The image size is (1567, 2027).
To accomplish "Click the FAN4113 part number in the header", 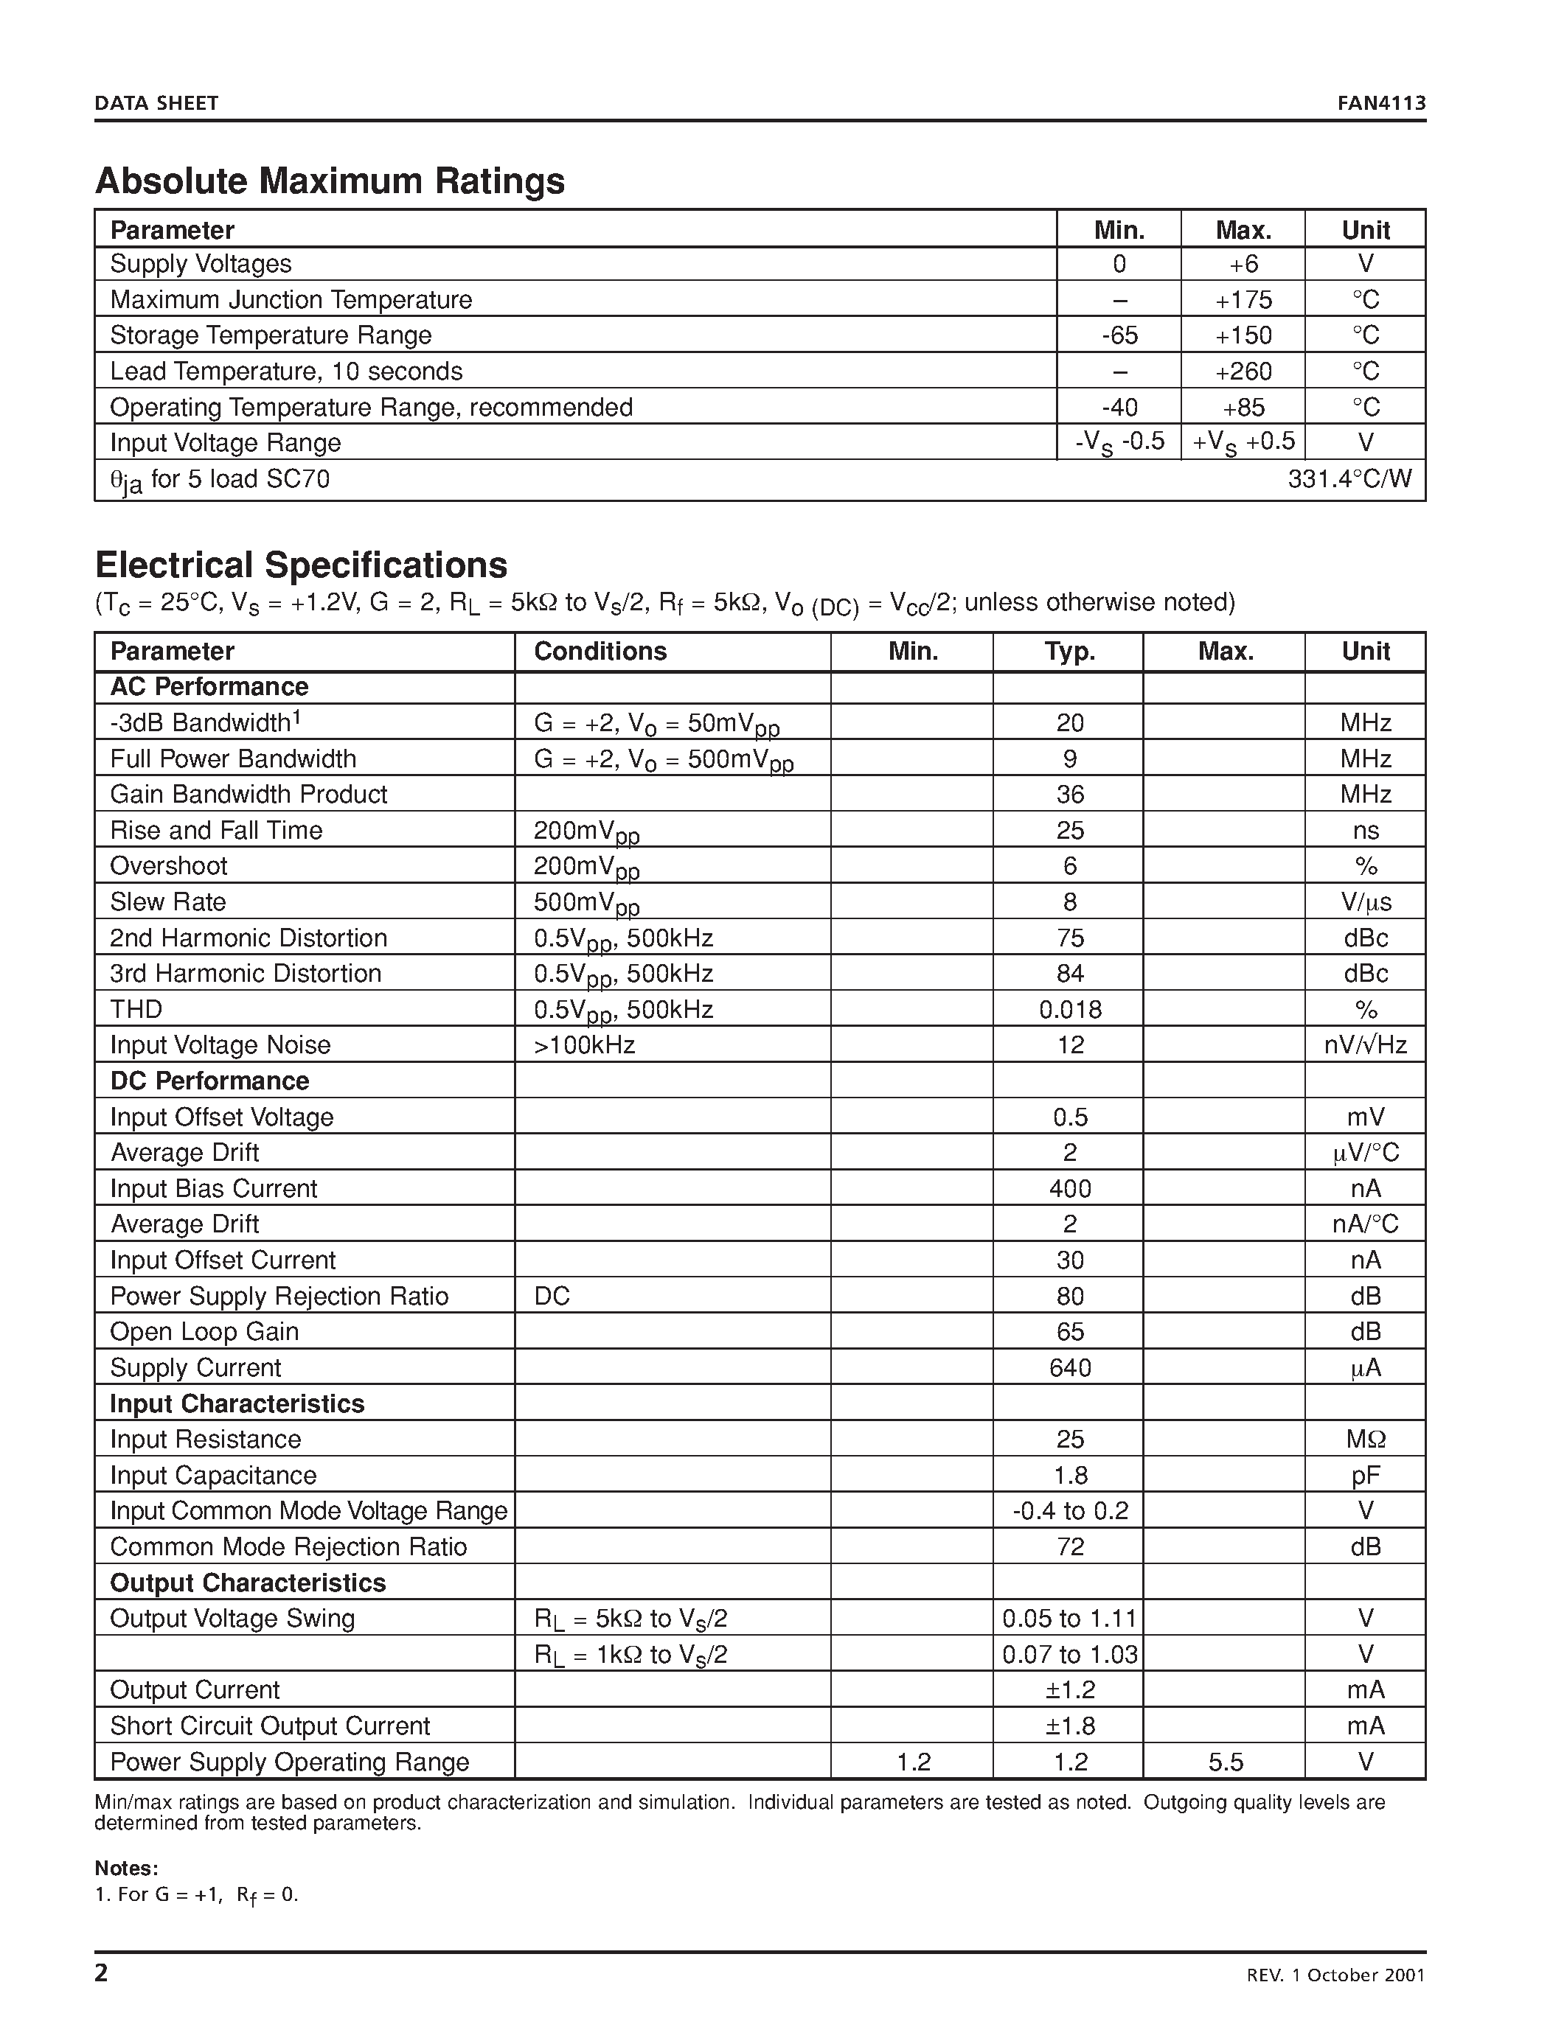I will [1380, 103].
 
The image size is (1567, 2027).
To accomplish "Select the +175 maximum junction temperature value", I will [1243, 300].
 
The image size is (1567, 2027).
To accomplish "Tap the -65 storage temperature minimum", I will [1119, 335].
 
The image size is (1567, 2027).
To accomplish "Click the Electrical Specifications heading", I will [301, 565].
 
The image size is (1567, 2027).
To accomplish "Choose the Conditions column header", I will [600, 651].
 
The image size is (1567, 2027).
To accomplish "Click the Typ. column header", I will [1069, 651].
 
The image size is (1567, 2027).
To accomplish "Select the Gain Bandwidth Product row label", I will [248, 795].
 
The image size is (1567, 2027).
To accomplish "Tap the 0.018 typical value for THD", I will [1069, 1009].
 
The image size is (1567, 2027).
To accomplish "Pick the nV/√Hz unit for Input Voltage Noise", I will [1365, 1045].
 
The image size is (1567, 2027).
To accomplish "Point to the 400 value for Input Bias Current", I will [1069, 1188].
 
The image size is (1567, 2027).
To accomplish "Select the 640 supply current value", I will [1069, 1367].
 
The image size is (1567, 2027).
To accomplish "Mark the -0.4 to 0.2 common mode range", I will [1069, 1511].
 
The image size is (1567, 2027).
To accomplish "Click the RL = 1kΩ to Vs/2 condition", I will [630, 1655].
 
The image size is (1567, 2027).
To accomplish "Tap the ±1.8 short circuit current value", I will [1069, 1726].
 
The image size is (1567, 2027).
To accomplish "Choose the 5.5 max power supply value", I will [1226, 1762].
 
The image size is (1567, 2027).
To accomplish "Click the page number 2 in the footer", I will [101, 1972].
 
